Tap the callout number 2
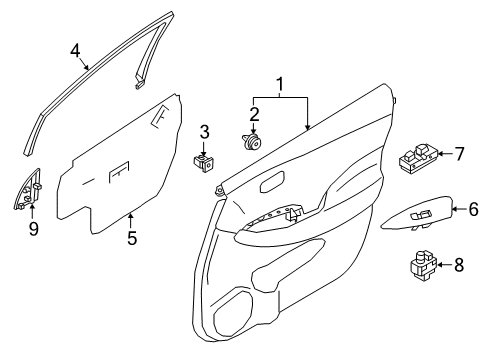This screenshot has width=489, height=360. (x=255, y=114)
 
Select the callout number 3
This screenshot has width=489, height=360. (x=204, y=131)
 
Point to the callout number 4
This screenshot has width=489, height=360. (x=76, y=51)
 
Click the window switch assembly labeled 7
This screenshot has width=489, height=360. (x=418, y=158)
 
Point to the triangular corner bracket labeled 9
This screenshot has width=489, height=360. (x=28, y=193)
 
